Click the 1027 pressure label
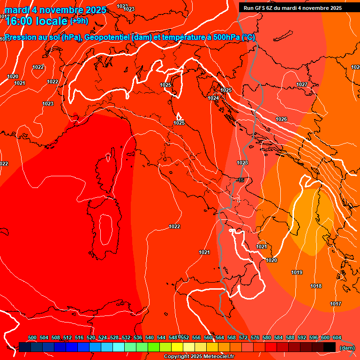[x=302, y=84]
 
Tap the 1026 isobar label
[x=281, y=120]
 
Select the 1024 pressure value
[x=214, y=98]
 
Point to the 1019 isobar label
[x=297, y=272]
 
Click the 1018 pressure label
[x=316, y=286]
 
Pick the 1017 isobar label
[x=336, y=304]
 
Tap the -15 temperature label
[x=240, y=180]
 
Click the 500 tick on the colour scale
[x=32, y=337]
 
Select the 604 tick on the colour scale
[x=337, y=337]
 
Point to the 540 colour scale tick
[x=150, y=337]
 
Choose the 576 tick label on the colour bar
[x=255, y=337]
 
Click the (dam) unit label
[x=347, y=348]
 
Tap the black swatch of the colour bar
[x=330, y=347]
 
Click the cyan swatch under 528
[x=119, y=347]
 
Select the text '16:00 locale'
[x=37, y=21]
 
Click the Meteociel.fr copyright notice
[x=199, y=357]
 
